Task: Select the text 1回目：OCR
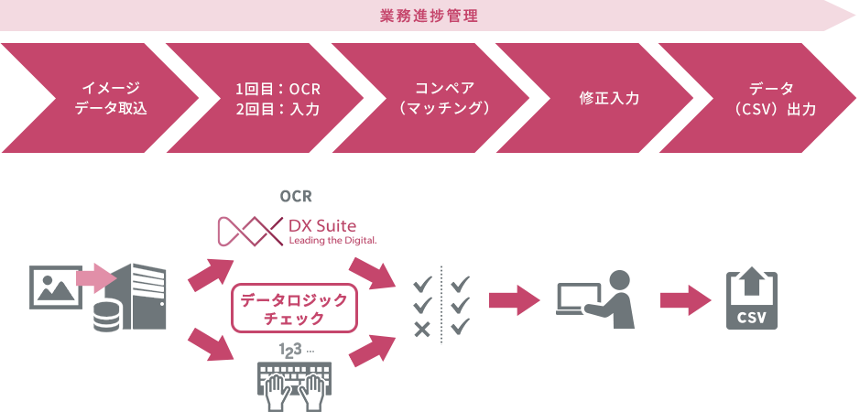pyautogui.click(x=278, y=89)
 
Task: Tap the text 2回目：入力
pyautogui.click(x=278, y=110)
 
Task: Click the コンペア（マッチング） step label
pyautogui.click(x=444, y=98)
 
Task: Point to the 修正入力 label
pyautogui.click(x=609, y=98)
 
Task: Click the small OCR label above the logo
pyautogui.click(x=295, y=196)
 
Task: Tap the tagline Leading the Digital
pyautogui.click(x=331, y=241)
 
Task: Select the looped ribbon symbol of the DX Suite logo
pyautogui.click(x=248, y=232)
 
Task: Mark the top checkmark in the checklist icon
pyautogui.click(x=461, y=282)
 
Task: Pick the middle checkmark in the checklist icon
pyautogui.click(x=461, y=303)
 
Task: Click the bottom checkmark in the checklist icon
pyautogui.click(x=461, y=325)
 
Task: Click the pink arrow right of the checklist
pyautogui.click(x=514, y=299)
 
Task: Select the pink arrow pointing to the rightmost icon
pyautogui.click(x=686, y=299)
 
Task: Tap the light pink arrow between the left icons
pyautogui.click(x=96, y=276)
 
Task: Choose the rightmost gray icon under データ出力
pyautogui.click(x=751, y=299)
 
